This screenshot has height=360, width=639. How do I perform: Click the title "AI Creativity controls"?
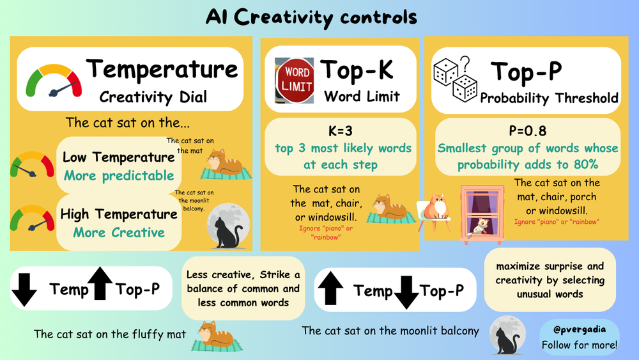pos(311,17)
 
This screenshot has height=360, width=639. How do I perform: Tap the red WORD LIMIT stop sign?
pos(296,79)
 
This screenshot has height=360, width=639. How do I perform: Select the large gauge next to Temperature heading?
pos(54,81)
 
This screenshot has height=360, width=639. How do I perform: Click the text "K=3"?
pos(340,130)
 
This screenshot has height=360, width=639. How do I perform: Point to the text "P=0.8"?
pos(528,130)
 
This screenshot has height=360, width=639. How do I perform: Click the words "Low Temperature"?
pos(118,157)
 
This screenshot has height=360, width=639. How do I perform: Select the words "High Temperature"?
pos(118,215)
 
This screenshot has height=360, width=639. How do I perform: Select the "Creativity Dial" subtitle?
pos(153,97)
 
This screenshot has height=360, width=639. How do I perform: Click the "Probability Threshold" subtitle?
pos(549,98)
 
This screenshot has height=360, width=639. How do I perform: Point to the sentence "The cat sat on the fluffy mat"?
pos(110,334)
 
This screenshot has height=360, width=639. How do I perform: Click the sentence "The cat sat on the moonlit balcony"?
pos(390,331)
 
